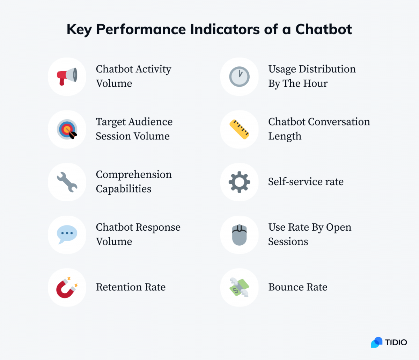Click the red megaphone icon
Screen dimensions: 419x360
(x=67, y=76)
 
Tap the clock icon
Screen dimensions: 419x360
(x=239, y=77)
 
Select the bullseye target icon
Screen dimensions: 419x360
(x=67, y=129)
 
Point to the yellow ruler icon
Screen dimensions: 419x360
(x=239, y=129)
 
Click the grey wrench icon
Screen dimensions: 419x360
(x=67, y=182)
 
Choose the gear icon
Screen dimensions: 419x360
(x=239, y=182)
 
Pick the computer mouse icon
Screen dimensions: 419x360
(x=239, y=235)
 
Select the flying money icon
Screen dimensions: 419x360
(x=239, y=287)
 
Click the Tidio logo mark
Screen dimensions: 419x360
(x=377, y=342)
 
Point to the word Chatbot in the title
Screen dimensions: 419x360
(x=324, y=29)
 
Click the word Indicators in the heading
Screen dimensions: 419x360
(x=225, y=29)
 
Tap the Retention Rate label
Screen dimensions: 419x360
(x=131, y=287)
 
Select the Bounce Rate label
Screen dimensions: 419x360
(x=298, y=287)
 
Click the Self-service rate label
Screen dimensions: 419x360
(x=306, y=181)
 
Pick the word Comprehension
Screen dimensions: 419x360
(x=134, y=174)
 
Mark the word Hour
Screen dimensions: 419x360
(x=315, y=84)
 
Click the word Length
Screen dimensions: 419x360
(x=285, y=136)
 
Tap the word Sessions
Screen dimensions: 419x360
(x=288, y=242)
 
